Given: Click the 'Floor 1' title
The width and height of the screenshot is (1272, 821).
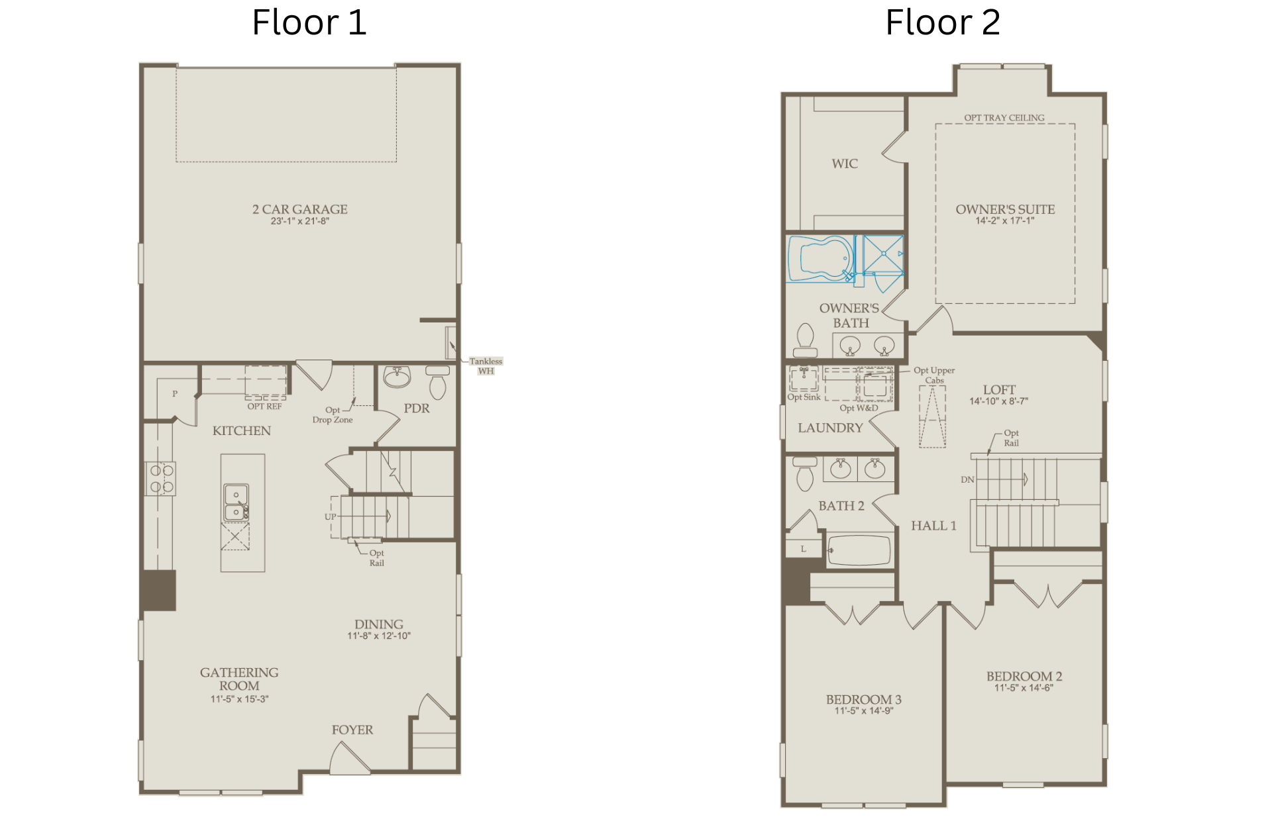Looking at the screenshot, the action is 309,23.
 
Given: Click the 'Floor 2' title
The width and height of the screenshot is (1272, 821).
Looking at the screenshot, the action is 942,23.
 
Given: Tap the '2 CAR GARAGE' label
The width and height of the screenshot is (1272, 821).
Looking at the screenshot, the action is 299,209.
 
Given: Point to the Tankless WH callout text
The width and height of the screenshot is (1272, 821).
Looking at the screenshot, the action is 486,366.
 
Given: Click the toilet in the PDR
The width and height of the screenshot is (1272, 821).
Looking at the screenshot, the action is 437,382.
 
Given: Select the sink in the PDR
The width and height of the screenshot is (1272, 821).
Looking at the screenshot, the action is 397,377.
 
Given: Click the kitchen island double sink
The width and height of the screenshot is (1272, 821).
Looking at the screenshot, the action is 236,503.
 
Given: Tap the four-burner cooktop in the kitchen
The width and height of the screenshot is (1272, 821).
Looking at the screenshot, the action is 161,479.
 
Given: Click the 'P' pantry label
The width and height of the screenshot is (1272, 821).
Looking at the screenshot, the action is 175,394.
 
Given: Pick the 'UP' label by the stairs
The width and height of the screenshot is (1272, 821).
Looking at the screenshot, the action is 330,516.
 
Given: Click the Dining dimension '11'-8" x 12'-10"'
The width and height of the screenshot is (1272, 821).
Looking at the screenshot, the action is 379,636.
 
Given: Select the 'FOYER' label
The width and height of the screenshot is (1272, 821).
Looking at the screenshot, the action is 352,730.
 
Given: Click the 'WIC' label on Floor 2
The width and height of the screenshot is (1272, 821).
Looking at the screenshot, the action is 845,164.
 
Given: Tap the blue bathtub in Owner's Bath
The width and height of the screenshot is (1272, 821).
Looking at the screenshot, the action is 821,258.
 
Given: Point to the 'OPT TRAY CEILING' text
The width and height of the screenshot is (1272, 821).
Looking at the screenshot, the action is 1004,118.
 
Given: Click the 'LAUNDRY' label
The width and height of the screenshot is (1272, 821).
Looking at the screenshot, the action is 830,428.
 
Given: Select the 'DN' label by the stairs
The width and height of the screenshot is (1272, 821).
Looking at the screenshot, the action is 967,479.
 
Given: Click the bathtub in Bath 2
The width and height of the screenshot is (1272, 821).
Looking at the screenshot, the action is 859,550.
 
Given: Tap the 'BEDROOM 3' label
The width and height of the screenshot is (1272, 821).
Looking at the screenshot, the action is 863,699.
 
